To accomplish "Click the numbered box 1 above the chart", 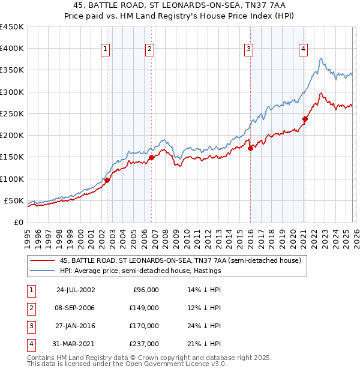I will coord(106,50).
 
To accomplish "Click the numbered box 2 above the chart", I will coord(149,50).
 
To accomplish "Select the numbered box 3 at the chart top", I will coord(248,50).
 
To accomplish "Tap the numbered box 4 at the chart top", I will coord(304,50).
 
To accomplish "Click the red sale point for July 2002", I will coord(107,180).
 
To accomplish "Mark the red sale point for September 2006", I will coord(151,157).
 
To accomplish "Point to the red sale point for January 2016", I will coord(250,148).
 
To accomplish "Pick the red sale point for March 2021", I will coord(305,119).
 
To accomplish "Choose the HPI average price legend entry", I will coord(140,271).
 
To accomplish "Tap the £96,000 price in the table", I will coord(146,290).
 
